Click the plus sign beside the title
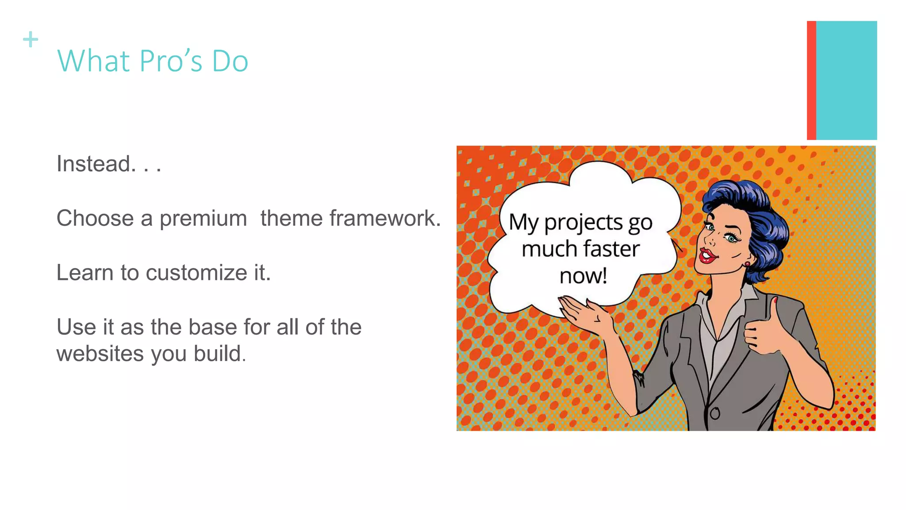point(31,39)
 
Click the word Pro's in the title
point(170,61)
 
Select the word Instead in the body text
point(93,164)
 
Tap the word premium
point(203,219)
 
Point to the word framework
point(384,219)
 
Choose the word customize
point(196,273)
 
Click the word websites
point(100,354)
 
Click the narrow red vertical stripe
point(811,80)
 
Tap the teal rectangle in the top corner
point(846,80)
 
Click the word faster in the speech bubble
point(611,249)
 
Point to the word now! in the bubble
point(583,276)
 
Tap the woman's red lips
point(707,255)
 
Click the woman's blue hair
point(752,208)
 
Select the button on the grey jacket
point(715,413)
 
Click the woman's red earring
point(747,264)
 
